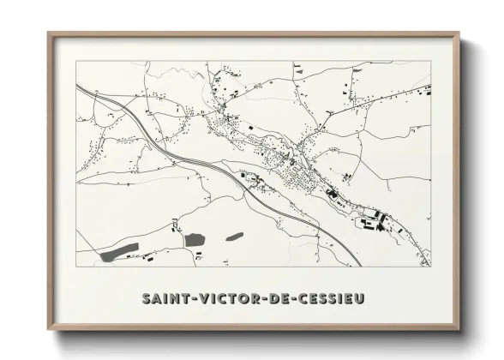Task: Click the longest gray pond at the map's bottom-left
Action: (120, 251)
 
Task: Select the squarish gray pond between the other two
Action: (195, 239)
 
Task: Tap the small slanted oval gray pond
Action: (234, 236)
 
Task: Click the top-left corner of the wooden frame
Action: (48, 33)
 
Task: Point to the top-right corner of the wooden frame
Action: (459, 33)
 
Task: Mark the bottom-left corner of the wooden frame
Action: (48, 332)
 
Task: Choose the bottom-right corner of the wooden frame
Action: (459, 332)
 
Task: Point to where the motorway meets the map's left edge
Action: (77, 85)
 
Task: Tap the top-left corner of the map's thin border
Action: (76, 62)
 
